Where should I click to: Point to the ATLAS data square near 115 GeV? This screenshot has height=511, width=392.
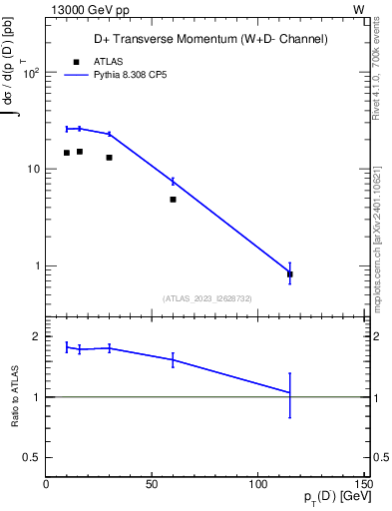[289, 273]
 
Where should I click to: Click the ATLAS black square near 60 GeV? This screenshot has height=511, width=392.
[173, 200]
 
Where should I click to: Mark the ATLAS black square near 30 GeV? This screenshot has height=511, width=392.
[109, 157]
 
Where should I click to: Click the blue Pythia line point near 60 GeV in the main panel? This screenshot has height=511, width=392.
[173, 181]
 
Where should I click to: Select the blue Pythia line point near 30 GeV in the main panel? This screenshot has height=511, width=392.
[109, 134]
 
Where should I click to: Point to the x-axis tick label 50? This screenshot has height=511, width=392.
[152, 484]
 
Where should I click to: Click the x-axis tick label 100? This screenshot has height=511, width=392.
[258, 484]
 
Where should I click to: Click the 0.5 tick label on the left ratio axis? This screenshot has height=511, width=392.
[32, 457]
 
